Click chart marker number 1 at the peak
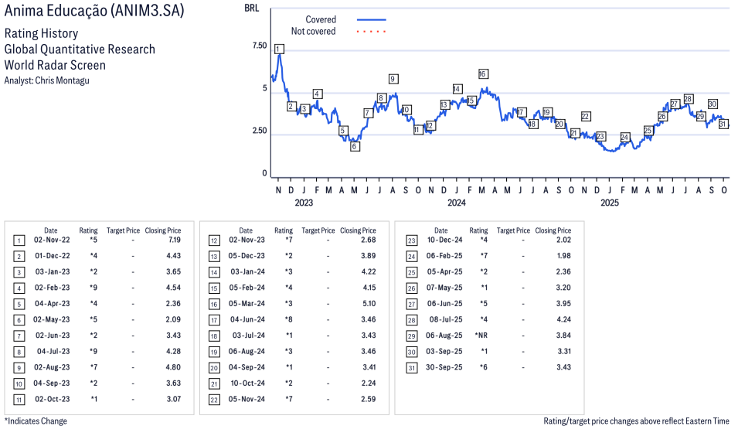tap(278, 49)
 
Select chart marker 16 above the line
tap(483, 74)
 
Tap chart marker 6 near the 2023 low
tap(355, 146)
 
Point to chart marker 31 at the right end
tap(723, 124)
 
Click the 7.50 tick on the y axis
tap(259, 46)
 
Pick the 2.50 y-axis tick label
tap(259, 131)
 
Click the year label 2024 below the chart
tap(457, 203)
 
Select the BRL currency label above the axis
tap(251, 8)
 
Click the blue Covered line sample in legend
tap(371, 19)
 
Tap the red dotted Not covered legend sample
tap(371, 32)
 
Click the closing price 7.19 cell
tap(172, 240)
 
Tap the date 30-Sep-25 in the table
tap(444, 366)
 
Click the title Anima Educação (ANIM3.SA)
tap(94, 13)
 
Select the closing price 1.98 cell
tap(562, 256)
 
